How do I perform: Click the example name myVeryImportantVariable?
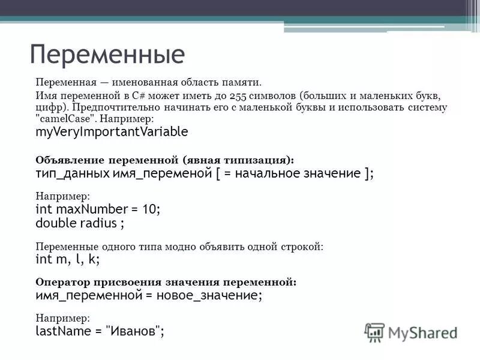(112, 131)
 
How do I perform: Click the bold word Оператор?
(61, 282)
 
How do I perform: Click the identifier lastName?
(60, 331)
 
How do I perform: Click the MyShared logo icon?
(374, 332)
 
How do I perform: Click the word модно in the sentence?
(189, 246)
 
